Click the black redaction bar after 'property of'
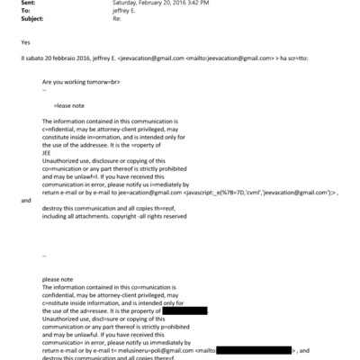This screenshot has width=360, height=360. [x=171, y=311]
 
